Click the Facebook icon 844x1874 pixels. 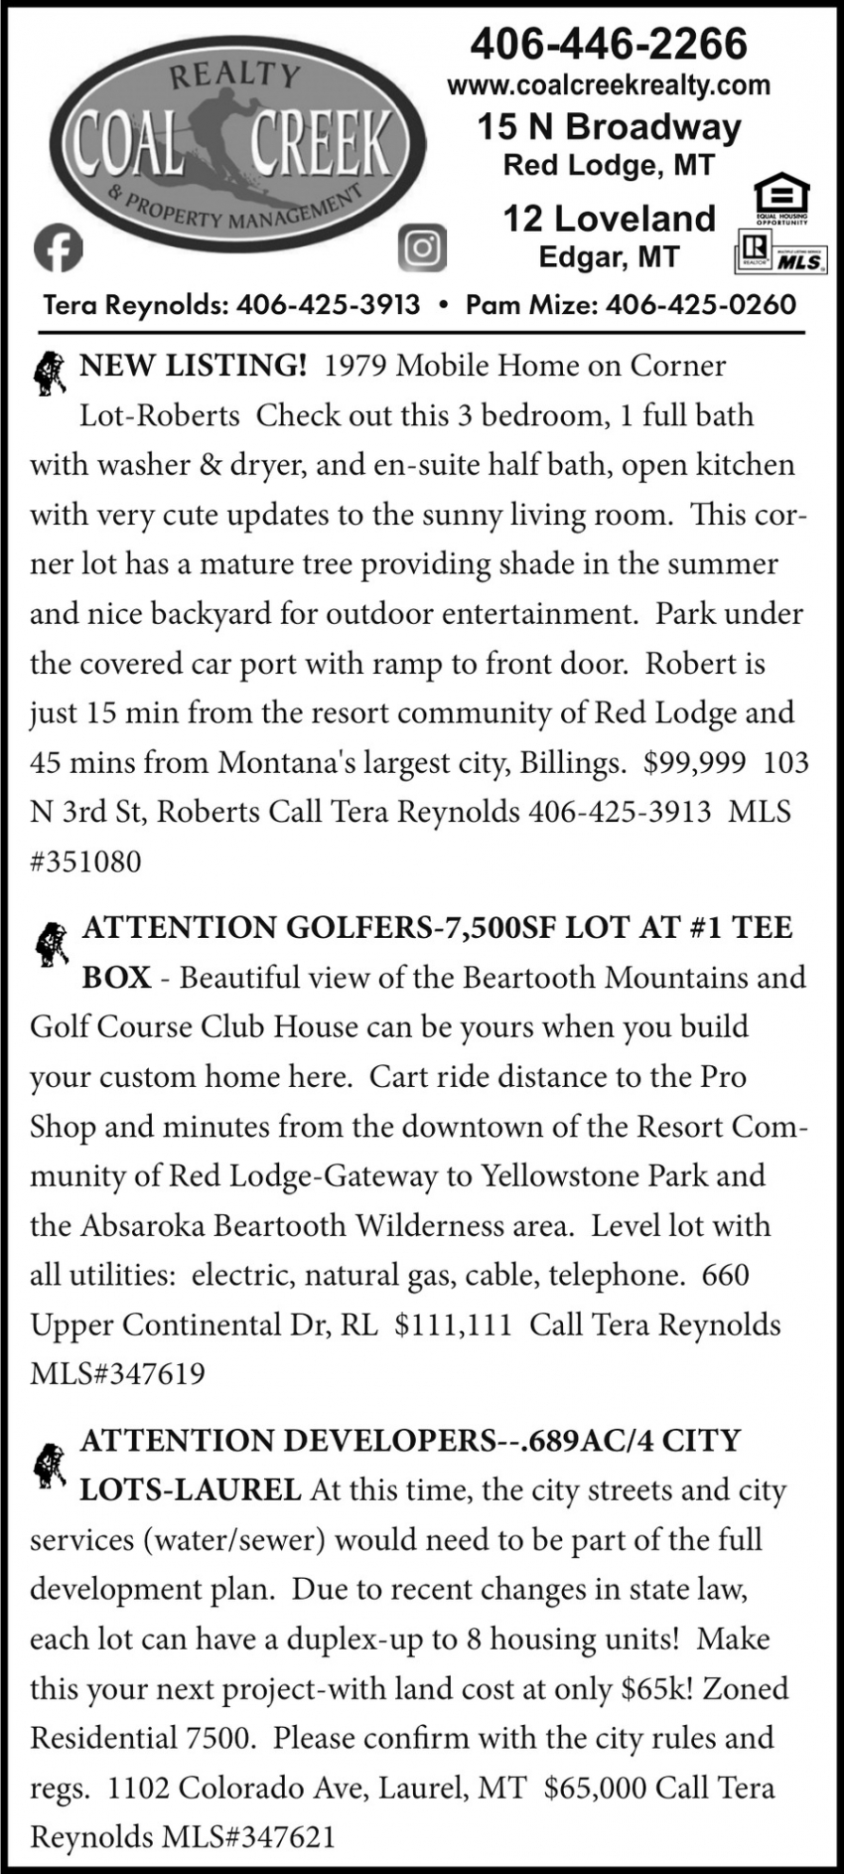58,248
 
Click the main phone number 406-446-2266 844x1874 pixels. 608,45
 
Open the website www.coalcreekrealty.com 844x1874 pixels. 609,86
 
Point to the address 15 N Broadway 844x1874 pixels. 609,127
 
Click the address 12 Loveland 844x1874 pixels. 609,219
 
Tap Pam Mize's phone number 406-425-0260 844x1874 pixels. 700,305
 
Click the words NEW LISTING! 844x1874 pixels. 193,366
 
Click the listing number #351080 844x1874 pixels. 86,861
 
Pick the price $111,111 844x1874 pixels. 453,1325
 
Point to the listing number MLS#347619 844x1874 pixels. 117,1374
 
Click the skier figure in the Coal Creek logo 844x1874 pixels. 233,134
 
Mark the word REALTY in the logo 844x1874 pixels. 234,76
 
